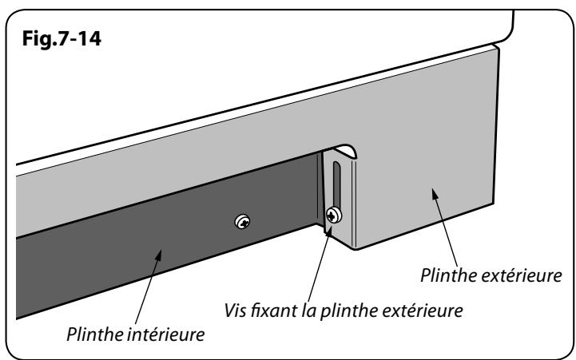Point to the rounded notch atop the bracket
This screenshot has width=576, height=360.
[x=341, y=150]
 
